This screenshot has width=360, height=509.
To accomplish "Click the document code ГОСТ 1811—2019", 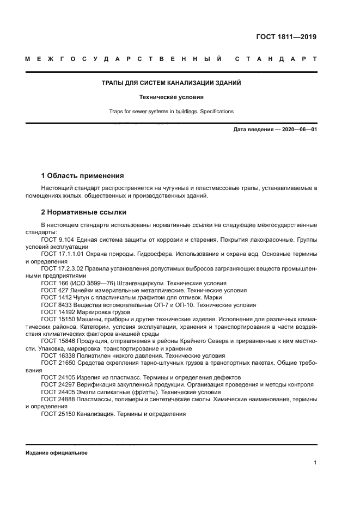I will click(x=286, y=38).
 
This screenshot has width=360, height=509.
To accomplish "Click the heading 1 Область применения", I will click(x=83, y=176).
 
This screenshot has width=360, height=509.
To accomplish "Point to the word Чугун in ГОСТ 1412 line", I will click(x=80, y=298).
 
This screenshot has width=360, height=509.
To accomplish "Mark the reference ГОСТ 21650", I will click(x=57, y=363).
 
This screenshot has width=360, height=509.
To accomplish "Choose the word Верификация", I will click(x=96, y=384).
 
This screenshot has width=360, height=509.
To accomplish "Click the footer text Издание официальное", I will click(x=56, y=452).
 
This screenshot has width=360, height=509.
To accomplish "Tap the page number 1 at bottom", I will click(x=315, y=463).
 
